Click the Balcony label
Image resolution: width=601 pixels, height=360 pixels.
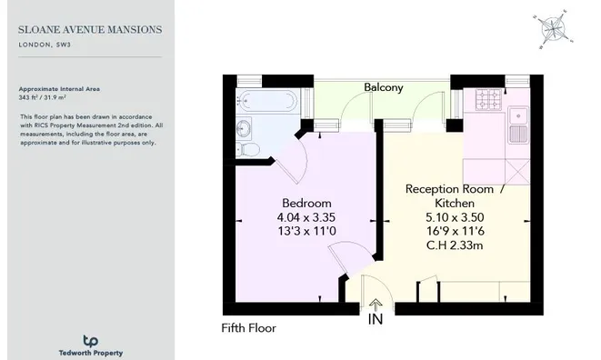click(x=384, y=87)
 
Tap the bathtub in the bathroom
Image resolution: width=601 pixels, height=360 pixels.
click(x=266, y=101)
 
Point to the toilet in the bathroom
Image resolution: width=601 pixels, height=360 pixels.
click(x=247, y=149)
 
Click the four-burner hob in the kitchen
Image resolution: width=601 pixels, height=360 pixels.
click(x=488, y=99)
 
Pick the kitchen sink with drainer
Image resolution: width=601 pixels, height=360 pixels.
click(x=518, y=125)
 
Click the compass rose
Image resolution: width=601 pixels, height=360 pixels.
click(x=553, y=29)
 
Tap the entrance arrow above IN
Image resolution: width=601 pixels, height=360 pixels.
click(x=376, y=305)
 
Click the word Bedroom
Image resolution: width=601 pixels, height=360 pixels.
click(x=306, y=203)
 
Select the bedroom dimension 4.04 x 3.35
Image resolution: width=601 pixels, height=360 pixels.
click(x=306, y=217)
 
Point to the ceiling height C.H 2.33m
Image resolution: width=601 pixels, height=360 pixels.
click(x=455, y=245)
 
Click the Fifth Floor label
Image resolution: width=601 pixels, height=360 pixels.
click(x=249, y=328)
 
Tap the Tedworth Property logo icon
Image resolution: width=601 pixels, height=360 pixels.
click(x=90, y=341)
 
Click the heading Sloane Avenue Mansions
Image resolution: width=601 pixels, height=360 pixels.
click(x=90, y=29)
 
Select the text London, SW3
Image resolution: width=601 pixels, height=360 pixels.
click(x=45, y=45)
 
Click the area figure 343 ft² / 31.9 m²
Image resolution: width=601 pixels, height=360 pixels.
click(x=42, y=98)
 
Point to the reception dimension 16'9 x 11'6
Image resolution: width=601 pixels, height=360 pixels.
click(x=456, y=231)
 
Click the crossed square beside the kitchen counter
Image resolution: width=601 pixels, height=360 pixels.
click(x=517, y=172)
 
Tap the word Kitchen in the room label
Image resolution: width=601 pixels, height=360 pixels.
click(x=455, y=203)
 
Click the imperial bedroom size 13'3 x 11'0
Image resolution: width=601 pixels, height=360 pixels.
click(x=306, y=231)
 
